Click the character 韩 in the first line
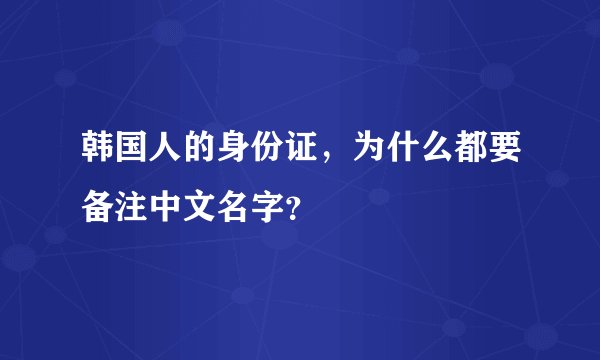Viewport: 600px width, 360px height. point(98,153)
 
